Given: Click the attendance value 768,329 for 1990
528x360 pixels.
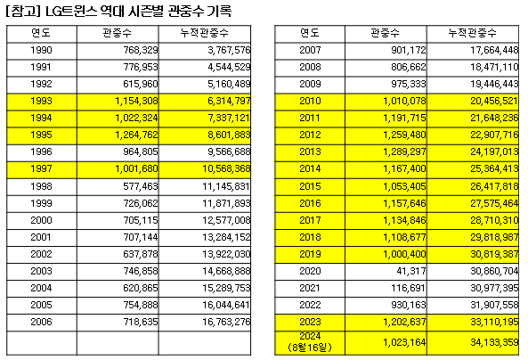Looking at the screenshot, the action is point(141,50).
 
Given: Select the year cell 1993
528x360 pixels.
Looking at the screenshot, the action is point(41,101).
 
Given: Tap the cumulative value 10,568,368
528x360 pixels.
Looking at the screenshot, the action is point(226,168).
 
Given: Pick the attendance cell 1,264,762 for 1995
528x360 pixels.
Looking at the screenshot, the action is point(136,135).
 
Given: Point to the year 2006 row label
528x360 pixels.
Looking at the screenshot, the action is point(41,322).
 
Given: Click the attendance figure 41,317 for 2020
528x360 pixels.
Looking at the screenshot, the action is point(411,271).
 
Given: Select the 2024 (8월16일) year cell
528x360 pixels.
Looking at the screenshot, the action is point(310,342).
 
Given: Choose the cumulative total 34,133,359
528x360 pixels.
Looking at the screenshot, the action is point(494,342).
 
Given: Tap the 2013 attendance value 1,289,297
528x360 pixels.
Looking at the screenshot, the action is point(404,151).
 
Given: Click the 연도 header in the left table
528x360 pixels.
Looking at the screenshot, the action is point(41,33).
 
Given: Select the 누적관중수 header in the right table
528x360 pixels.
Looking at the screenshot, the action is point(473,33).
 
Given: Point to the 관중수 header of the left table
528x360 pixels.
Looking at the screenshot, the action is point(118,33).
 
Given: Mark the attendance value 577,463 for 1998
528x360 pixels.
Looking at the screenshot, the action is point(141,186).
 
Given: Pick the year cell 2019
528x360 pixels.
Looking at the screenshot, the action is point(310,254).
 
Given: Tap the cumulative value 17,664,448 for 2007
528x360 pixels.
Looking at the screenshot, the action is point(494,50).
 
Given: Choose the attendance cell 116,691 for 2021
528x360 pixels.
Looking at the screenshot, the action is point(408,288).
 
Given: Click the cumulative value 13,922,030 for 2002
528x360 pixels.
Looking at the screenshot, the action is point(226,254).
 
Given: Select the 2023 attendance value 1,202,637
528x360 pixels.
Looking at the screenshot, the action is point(404,322).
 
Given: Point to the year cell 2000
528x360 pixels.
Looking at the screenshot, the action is point(41,220).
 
